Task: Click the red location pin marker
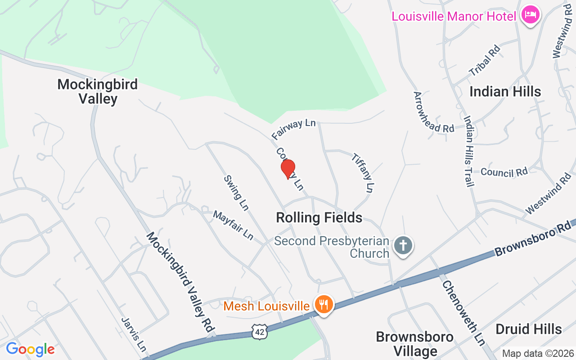[288, 169]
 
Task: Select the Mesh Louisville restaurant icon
[323, 305]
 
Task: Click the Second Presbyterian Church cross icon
[403, 246]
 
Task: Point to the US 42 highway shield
[260, 331]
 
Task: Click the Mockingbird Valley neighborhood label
[98, 91]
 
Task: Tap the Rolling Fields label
[319, 218]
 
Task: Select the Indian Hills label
[505, 92]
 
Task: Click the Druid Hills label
[528, 329]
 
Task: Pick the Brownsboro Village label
[408, 343]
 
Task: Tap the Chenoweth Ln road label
[463, 313]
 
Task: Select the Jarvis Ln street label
[134, 334]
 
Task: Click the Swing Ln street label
[236, 193]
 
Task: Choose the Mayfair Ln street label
[233, 225]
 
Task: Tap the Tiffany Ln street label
[363, 173]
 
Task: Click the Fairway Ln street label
[294, 129]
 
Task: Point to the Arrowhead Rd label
[434, 112]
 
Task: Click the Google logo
[30, 349]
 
